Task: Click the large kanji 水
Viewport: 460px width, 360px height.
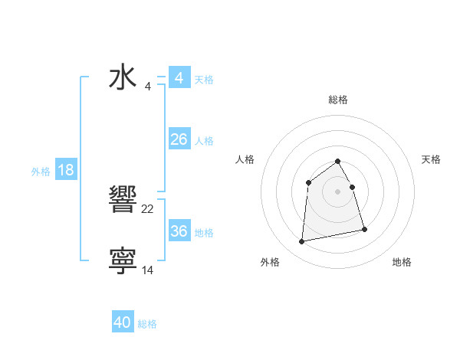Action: (x=123, y=78)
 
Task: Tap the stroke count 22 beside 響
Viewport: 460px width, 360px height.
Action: (x=148, y=209)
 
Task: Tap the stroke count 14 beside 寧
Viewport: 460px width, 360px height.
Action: (x=148, y=270)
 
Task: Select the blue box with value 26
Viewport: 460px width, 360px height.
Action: (x=179, y=139)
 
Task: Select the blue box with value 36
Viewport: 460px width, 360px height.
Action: (x=179, y=231)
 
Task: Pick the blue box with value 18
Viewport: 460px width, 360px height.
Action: (x=66, y=170)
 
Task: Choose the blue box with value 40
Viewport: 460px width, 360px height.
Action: (x=123, y=322)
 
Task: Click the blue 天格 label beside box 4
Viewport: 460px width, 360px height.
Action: (x=204, y=80)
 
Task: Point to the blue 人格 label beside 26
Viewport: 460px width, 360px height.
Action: (x=204, y=141)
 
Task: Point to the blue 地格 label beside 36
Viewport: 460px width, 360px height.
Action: (x=204, y=233)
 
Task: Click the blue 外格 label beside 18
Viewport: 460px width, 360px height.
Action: (x=41, y=172)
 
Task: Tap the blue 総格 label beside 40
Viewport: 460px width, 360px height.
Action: (x=147, y=324)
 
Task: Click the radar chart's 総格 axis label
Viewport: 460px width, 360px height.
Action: (x=337, y=100)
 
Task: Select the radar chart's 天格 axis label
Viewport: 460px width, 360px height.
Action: (x=432, y=159)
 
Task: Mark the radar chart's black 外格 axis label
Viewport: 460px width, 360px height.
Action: (x=270, y=262)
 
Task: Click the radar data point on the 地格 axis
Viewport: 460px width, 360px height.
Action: (x=364, y=229)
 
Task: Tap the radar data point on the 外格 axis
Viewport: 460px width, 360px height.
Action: (x=302, y=242)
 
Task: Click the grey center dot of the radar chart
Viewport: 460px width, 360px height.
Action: (x=337, y=191)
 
